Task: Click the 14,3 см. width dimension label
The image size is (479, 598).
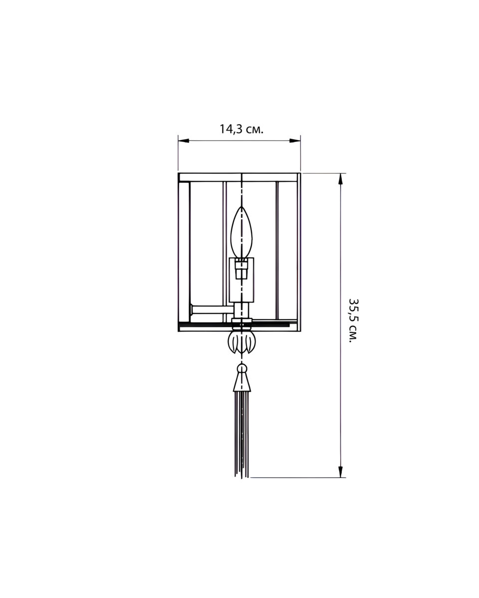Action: pyautogui.click(x=241, y=130)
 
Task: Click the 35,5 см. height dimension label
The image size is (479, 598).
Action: pyautogui.click(x=353, y=320)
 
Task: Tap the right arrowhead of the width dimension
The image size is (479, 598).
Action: pyautogui.click(x=295, y=141)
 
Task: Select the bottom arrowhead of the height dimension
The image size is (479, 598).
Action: pyautogui.click(x=341, y=471)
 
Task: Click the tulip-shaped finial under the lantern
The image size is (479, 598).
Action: pyautogui.click(x=241, y=342)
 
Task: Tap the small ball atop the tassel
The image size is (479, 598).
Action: pyautogui.click(x=241, y=369)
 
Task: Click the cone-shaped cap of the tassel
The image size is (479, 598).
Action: pyautogui.click(x=241, y=383)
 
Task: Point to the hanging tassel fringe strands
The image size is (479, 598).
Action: pyautogui.click(x=241, y=434)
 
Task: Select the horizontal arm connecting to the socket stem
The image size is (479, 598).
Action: pyautogui.click(x=212, y=309)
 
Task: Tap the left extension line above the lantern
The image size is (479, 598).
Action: pyautogui.click(x=178, y=154)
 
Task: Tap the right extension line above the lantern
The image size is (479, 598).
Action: pyautogui.click(x=300, y=154)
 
